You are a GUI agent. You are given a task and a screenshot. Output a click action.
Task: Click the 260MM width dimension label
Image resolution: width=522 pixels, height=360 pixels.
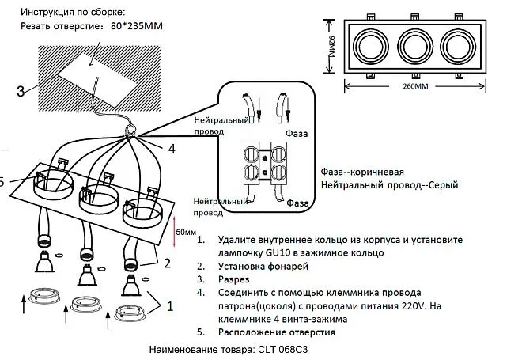(416, 86)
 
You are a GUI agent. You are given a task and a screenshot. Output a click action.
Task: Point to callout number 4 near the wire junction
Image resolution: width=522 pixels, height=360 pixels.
(172, 147)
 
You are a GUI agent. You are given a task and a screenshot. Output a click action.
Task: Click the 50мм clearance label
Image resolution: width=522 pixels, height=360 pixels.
(185, 233)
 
